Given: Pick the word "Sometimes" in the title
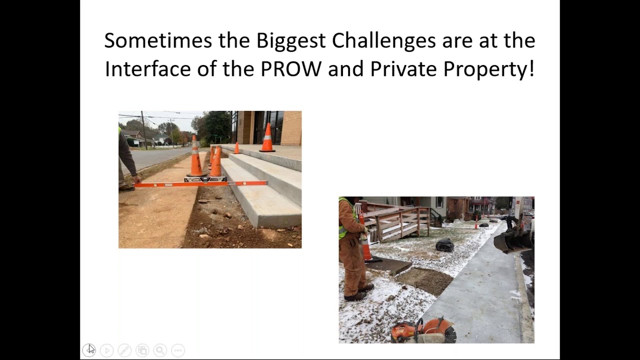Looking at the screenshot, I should (x=158, y=41).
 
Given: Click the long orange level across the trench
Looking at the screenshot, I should (x=200, y=184).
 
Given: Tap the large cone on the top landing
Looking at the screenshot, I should (x=267, y=138).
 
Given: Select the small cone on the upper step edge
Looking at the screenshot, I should (x=236, y=148).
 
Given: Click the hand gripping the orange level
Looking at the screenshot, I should (x=136, y=179).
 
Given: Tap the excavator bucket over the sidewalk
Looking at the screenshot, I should (x=512, y=240).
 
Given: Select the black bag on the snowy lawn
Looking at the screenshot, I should (x=444, y=245).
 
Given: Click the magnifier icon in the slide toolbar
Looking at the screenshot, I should (x=160, y=350).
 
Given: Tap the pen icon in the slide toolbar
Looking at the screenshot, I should (x=124, y=350).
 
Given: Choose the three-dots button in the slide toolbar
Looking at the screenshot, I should (x=178, y=350).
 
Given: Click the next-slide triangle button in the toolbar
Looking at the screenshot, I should (x=106, y=350).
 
